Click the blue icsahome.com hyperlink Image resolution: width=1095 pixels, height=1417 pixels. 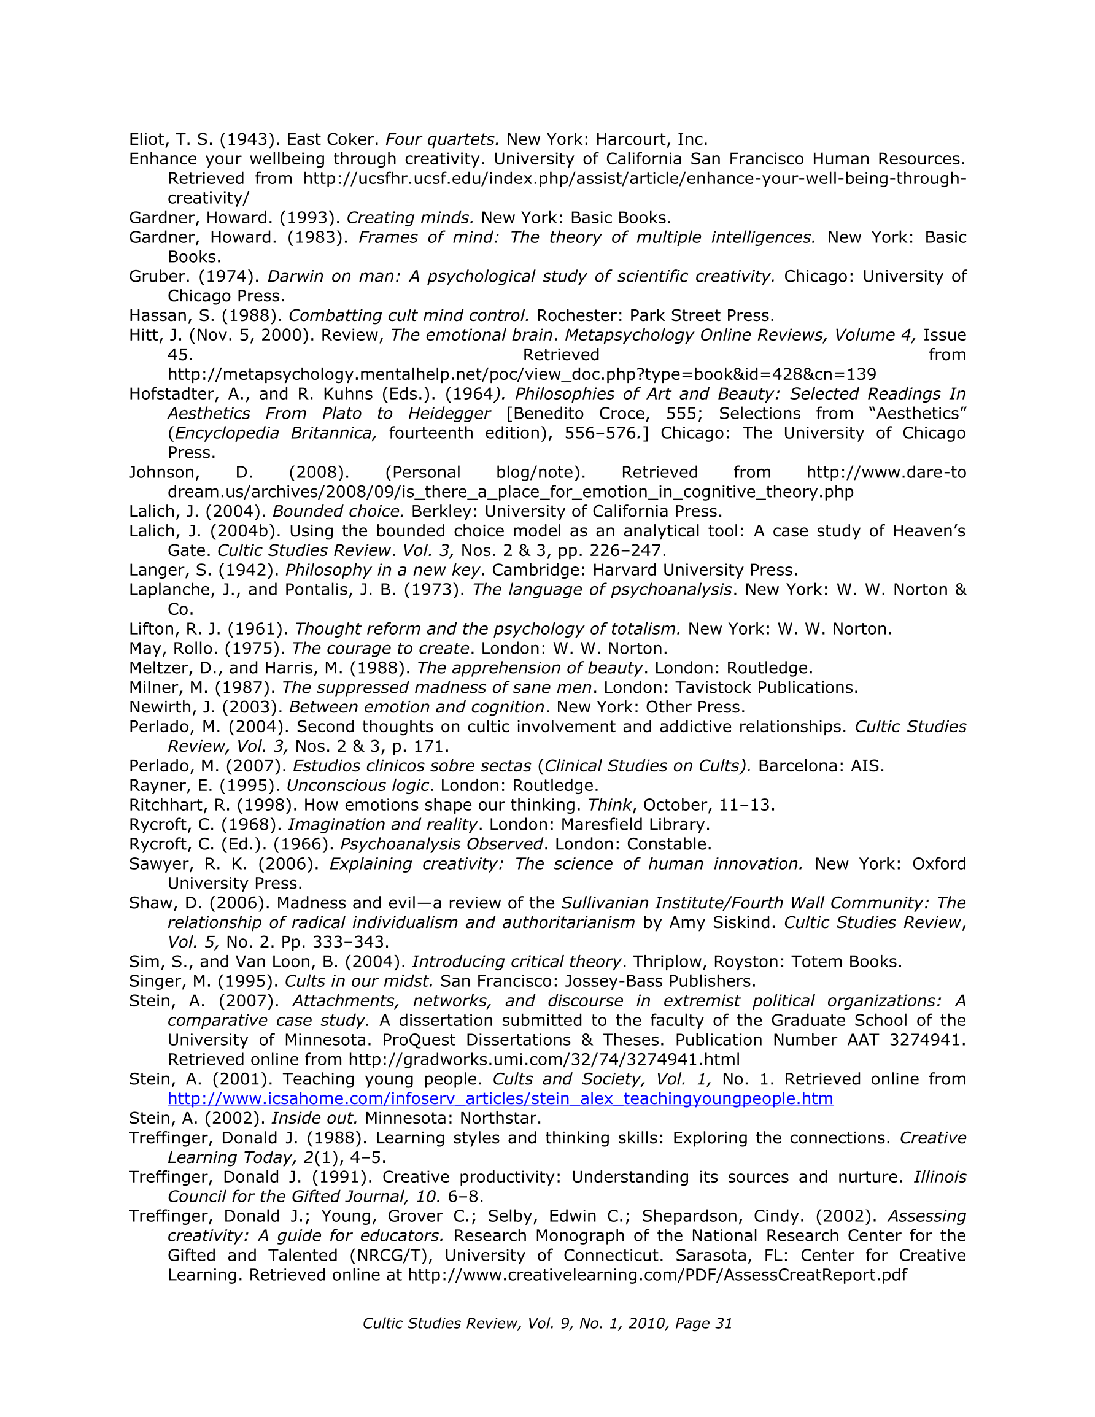pos(500,1098)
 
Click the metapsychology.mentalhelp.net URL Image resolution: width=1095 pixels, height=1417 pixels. pos(521,374)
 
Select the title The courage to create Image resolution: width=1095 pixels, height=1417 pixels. pos(380,649)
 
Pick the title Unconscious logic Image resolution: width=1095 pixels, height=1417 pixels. pos(357,786)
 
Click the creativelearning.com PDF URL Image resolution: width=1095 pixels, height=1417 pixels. pos(657,1275)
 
